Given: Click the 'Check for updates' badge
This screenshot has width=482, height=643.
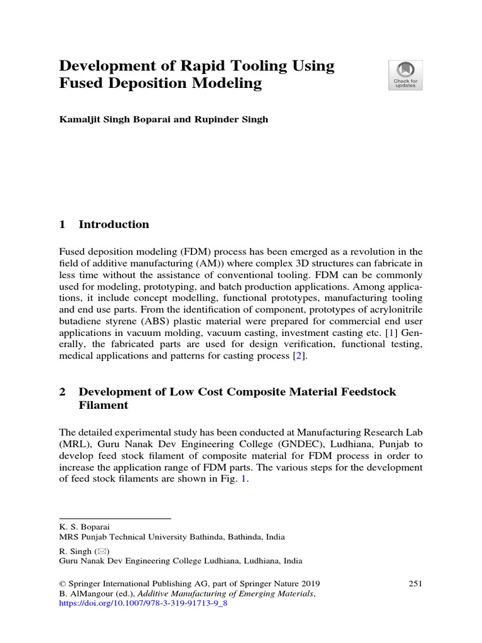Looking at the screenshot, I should pyautogui.click(x=405, y=75).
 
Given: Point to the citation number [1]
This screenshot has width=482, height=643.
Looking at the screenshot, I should pyautogui.click(x=391, y=331).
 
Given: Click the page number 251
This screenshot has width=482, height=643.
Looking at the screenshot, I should pyautogui.click(x=415, y=583).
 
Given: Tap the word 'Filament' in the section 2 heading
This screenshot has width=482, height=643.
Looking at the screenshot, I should pyautogui.click(x=104, y=406).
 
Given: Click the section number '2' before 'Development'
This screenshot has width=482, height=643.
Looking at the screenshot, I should pyautogui.click(x=63, y=391).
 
